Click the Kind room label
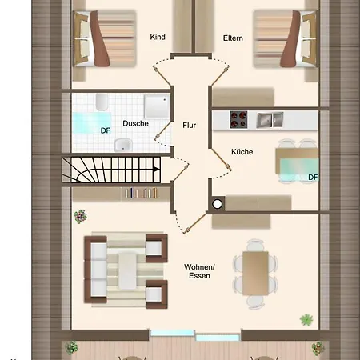(158, 37)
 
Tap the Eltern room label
(233, 38)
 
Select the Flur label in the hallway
(190, 125)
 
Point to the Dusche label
(135, 123)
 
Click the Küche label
(242, 152)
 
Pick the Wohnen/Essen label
(199, 271)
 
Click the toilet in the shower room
(102, 102)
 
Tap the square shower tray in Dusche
(157, 106)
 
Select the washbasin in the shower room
(123, 145)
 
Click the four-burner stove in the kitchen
(238, 119)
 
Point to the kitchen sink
(270, 120)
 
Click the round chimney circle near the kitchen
(218, 204)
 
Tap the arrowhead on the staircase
(157, 169)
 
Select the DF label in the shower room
(106, 130)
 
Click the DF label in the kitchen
(313, 178)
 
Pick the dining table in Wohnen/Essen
(255, 274)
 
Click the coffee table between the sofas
(127, 271)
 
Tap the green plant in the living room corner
(306, 319)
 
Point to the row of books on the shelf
(142, 193)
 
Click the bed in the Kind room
(105, 38)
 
